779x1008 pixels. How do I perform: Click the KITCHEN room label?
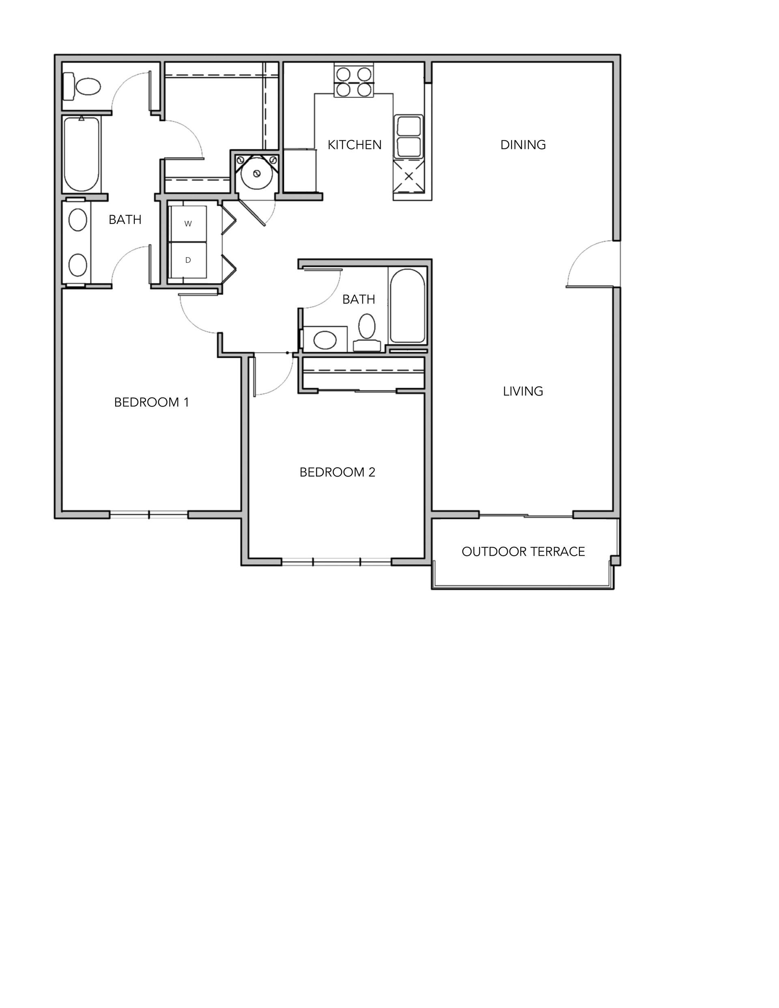tap(354, 145)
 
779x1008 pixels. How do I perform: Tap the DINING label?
tap(523, 145)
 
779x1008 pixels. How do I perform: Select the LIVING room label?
tap(523, 391)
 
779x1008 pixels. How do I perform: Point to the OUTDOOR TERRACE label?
tap(523, 552)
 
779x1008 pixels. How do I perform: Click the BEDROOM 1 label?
tap(151, 402)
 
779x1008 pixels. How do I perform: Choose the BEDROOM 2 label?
tap(337, 472)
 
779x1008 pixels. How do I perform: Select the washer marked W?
tap(187, 224)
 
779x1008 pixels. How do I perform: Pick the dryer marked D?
tap(187, 260)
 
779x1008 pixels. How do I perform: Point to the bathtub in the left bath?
tap(81, 154)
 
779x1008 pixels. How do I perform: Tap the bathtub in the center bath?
tap(407, 305)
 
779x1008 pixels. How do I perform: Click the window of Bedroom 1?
tap(148, 515)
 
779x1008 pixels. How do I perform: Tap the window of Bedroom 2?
tap(337, 562)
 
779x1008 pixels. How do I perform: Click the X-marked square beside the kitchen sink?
tap(409, 176)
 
